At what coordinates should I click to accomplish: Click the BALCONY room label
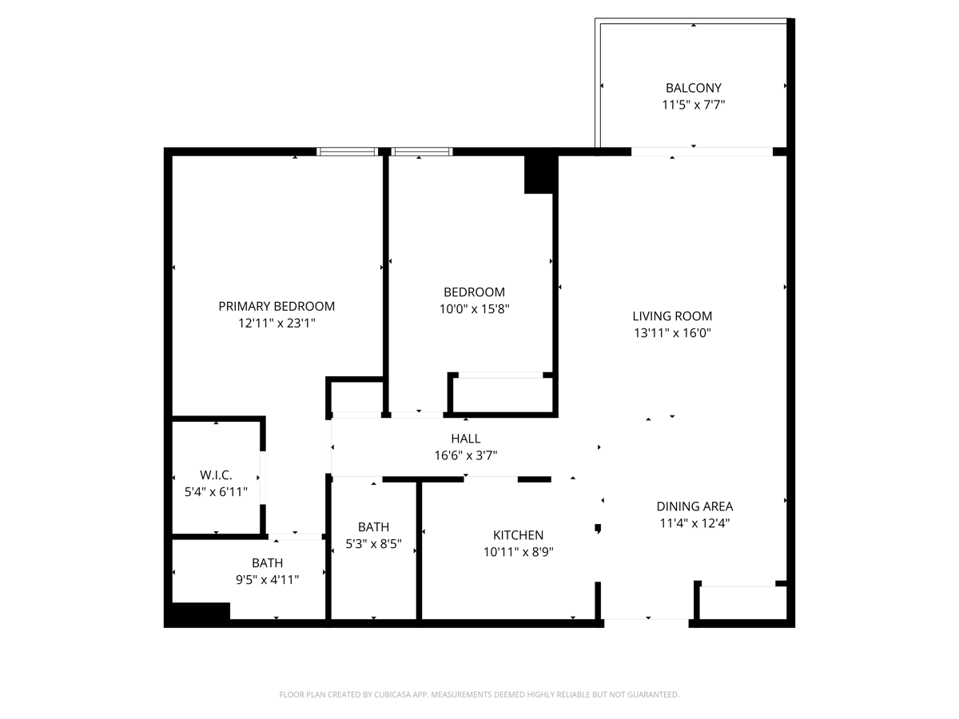click(x=693, y=88)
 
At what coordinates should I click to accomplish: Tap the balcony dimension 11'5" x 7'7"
click(x=693, y=105)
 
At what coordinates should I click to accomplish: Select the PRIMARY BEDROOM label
click(x=277, y=306)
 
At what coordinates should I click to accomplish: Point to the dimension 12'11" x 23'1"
click(x=277, y=324)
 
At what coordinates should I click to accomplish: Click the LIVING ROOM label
click(x=672, y=316)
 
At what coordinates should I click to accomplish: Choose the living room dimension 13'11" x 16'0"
click(x=672, y=333)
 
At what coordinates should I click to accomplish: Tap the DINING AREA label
click(x=694, y=506)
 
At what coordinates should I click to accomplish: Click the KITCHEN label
click(x=518, y=535)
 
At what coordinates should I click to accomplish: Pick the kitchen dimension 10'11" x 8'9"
click(x=518, y=552)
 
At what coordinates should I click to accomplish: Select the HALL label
click(x=465, y=439)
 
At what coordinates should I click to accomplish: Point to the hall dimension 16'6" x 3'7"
click(x=465, y=455)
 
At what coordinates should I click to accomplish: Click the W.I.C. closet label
click(x=216, y=475)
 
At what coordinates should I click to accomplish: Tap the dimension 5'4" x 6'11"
click(x=216, y=492)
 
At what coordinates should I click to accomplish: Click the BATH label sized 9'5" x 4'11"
click(x=267, y=563)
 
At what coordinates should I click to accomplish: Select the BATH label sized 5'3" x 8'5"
click(x=373, y=526)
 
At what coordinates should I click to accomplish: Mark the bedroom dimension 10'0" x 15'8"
click(x=474, y=309)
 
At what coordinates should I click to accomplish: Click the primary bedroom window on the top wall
click(x=347, y=151)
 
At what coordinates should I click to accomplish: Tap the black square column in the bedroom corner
click(x=539, y=174)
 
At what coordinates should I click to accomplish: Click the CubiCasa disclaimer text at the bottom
click(x=479, y=695)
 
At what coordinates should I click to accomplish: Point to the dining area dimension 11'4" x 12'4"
click(x=694, y=523)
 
